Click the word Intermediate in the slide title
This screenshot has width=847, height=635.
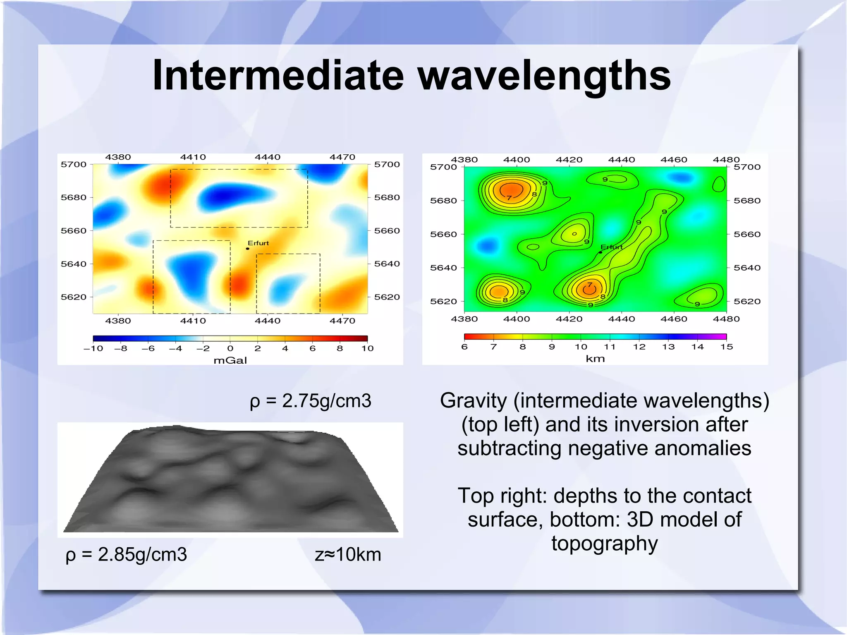(278, 75)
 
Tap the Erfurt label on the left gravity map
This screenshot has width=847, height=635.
(258, 243)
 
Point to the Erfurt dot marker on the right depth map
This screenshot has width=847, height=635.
(601, 252)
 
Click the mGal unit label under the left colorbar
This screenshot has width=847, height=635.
(230, 360)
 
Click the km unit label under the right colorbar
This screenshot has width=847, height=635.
(595, 359)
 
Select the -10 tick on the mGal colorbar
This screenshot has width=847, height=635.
(93, 348)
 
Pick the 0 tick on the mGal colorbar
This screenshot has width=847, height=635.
(230, 348)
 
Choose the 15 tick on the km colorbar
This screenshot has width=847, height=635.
(726, 347)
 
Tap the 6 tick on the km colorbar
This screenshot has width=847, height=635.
(464, 347)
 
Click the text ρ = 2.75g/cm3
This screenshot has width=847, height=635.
(310, 401)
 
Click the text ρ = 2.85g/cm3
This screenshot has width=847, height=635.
(126, 554)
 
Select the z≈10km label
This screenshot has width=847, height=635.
(347, 554)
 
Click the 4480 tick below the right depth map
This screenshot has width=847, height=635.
(726, 319)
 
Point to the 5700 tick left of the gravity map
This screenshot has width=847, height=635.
(74, 164)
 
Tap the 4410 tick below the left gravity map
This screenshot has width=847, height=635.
(193, 321)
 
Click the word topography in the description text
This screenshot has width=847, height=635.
(604, 543)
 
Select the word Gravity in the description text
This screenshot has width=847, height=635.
(473, 400)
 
